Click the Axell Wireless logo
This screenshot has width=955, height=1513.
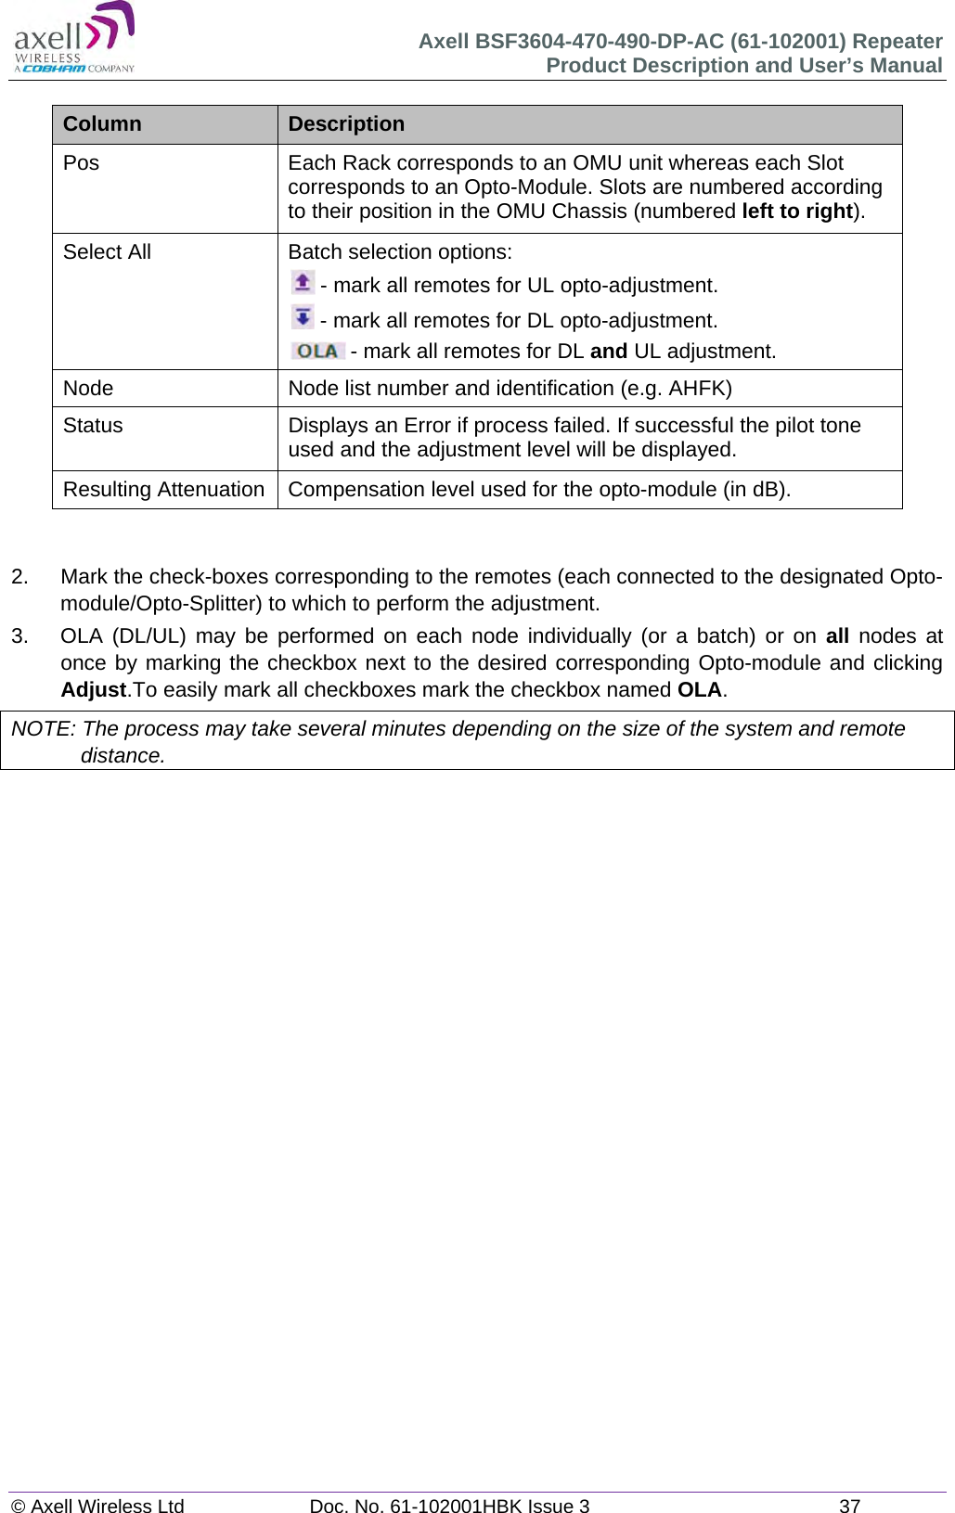click(x=74, y=37)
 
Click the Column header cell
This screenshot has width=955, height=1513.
click(x=102, y=124)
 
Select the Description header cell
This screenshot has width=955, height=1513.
click(x=346, y=124)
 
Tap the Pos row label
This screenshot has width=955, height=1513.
click(x=81, y=163)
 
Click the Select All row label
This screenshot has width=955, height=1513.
click(x=107, y=252)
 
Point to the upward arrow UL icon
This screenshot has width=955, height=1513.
click(x=303, y=282)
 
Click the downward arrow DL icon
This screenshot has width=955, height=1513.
click(x=303, y=317)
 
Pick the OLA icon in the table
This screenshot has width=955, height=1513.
click(x=317, y=351)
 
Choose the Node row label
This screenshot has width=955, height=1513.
click(x=88, y=389)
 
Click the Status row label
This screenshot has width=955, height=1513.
click(x=93, y=426)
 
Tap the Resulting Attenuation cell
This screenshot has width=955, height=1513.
click(x=163, y=490)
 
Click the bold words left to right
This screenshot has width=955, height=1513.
click(x=796, y=212)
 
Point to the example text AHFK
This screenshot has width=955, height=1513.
click(x=697, y=389)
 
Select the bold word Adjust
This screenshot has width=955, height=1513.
click(x=93, y=690)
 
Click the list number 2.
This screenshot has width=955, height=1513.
click(x=19, y=577)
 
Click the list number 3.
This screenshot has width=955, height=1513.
click(x=19, y=636)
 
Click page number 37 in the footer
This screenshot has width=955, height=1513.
click(x=849, y=1506)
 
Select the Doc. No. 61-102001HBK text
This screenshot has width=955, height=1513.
click(x=449, y=1506)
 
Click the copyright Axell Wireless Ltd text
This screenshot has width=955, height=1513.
click(x=97, y=1506)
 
